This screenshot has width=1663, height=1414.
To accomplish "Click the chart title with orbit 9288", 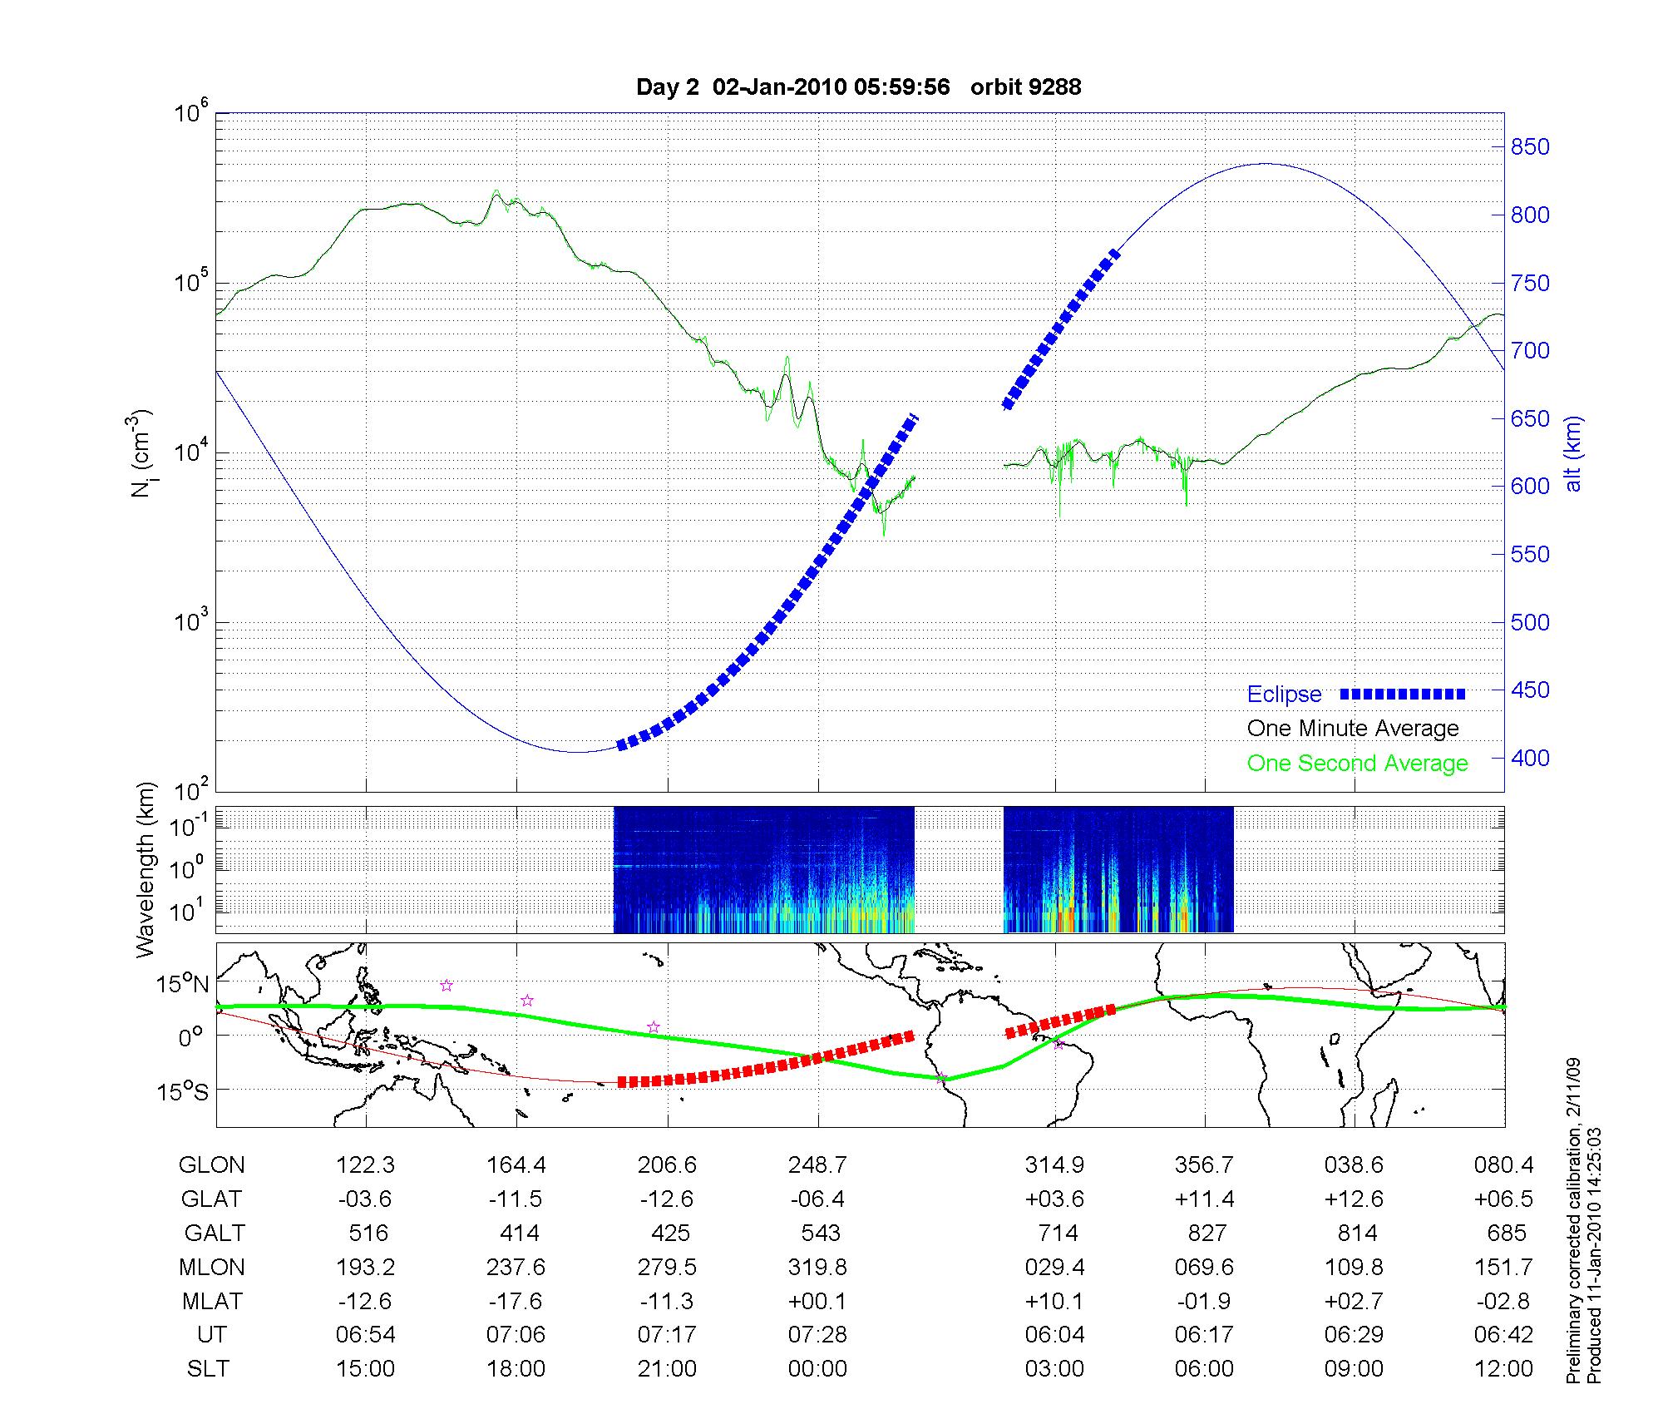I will (x=858, y=87).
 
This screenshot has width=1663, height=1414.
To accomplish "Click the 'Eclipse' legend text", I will (x=1284, y=695).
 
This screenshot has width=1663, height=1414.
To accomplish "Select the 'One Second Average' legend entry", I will (x=1357, y=764).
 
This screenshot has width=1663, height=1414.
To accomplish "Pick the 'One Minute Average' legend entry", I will (x=1353, y=729).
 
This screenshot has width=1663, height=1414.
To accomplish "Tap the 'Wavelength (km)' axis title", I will (x=146, y=869).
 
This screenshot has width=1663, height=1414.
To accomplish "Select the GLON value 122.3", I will (x=366, y=1165).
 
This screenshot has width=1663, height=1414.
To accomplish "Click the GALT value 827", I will (x=1207, y=1233).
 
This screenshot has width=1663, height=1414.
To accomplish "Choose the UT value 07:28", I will (x=817, y=1335).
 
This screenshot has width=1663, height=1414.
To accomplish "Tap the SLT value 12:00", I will (x=1503, y=1369).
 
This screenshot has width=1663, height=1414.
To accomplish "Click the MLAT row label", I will (x=212, y=1301).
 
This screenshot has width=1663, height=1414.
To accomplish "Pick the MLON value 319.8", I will (x=817, y=1268).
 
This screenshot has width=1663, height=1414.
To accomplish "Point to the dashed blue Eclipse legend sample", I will (x=1403, y=694).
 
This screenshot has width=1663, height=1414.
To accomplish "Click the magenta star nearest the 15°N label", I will (x=447, y=986).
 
